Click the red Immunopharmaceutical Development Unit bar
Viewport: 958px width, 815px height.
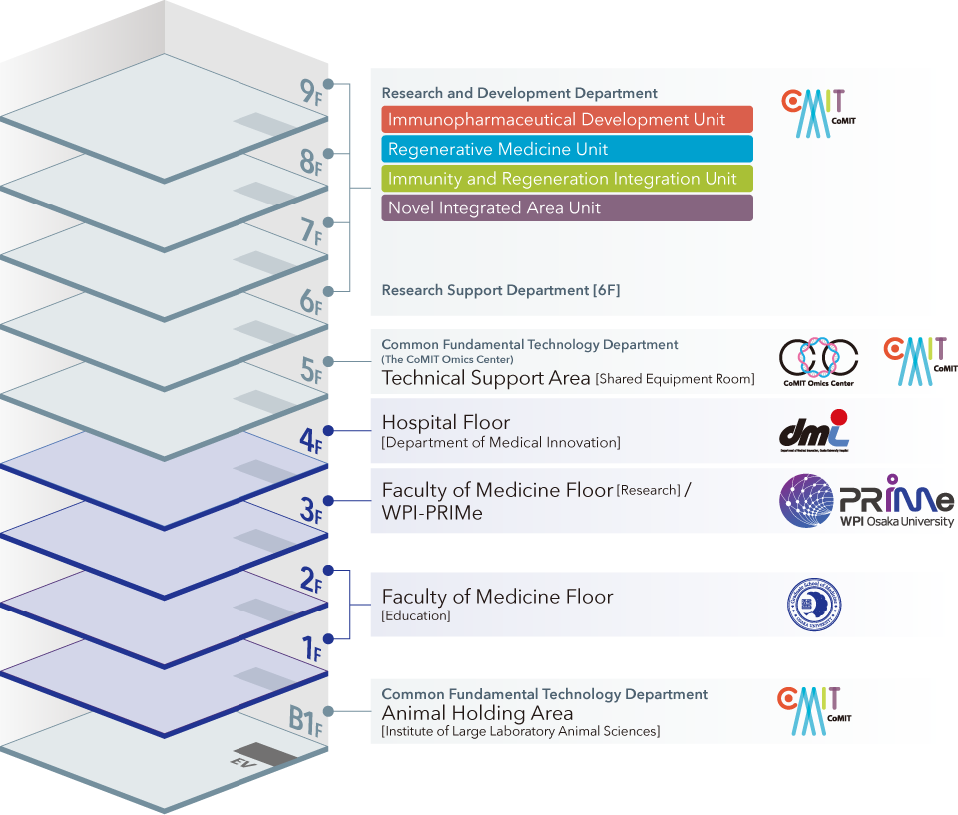click(x=567, y=120)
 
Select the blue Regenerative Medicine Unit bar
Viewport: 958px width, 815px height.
click(x=567, y=150)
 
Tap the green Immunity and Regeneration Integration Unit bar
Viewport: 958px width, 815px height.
click(x=567, y=179)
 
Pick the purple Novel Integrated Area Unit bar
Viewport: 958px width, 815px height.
click(x=567, y=208)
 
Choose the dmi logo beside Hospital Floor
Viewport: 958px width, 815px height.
click(x=814, y=431)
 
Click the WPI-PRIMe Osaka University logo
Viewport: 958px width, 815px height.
click(x=866, y=501)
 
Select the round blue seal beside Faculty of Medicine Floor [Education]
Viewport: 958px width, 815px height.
click(x=814, y=605)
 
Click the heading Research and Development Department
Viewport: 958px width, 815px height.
click(x=519, y=93)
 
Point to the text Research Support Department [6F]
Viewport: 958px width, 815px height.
click(x=501, y=290)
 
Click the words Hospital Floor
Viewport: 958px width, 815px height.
click(x=446, y=423)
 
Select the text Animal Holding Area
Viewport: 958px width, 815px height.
click(x=477, y=713)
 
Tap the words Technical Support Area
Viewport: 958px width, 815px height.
click(x=487, y=378)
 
